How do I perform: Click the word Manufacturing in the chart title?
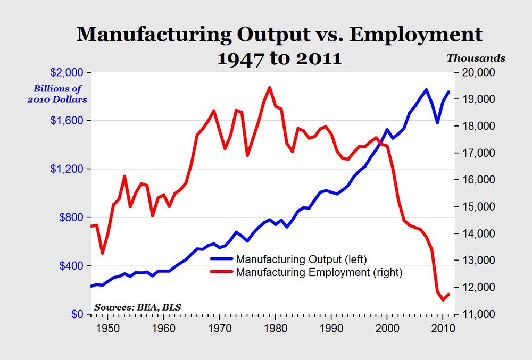154,35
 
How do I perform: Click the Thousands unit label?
476,58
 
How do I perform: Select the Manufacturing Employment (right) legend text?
319,273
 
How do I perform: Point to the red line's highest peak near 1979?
269,87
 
